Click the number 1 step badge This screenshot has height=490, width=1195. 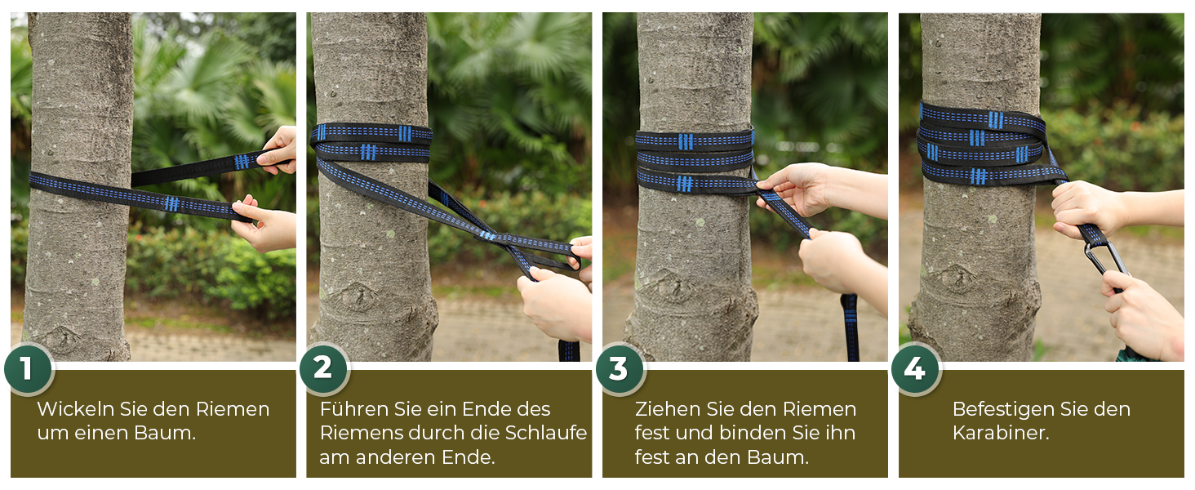(29, 369)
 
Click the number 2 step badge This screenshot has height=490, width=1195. (324, 368)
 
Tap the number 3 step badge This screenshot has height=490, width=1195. (620, 369)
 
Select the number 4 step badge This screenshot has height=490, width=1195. (916, 369)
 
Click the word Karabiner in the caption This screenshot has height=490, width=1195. (1001, 433)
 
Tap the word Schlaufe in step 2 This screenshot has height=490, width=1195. (546, 433)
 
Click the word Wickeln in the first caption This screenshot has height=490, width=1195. (76, 409)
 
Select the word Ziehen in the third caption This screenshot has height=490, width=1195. (668, 409)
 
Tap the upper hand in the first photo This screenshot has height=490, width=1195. (279, 150)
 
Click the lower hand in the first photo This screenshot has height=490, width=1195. (265, 225)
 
